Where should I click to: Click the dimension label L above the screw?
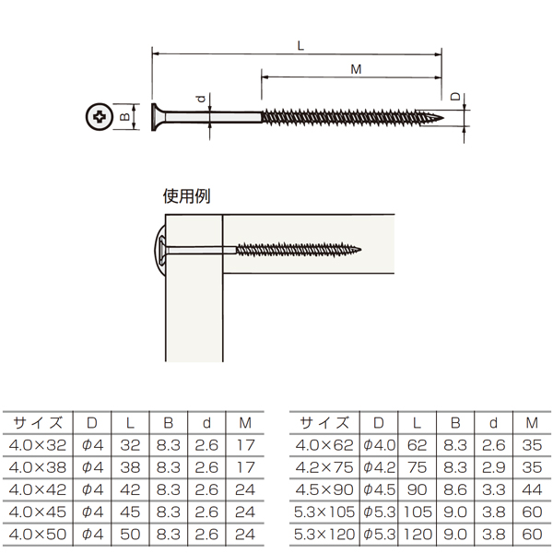click(300, 45)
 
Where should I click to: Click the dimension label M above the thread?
click(356, 69)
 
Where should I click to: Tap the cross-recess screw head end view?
click(100, 116)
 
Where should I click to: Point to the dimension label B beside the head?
click(125, 116)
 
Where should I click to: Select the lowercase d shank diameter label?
click(201, 100)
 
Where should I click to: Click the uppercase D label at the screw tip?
click(455, 96)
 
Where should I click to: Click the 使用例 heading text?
click(186, 196)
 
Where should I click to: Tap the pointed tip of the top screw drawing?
click(443, 117)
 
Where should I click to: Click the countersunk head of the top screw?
click(159, 117)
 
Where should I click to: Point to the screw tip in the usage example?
click(360, 250)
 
